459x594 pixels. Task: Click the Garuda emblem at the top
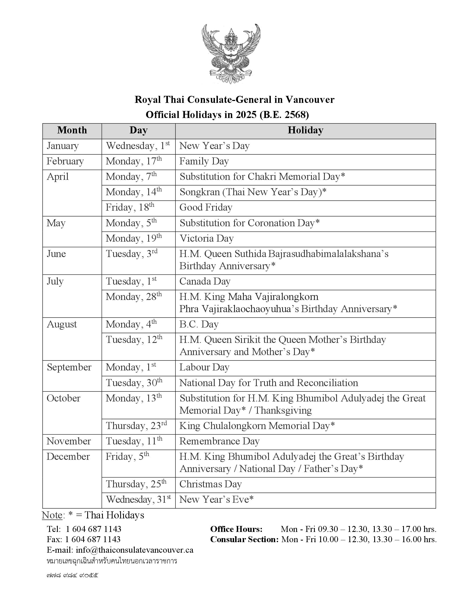231,53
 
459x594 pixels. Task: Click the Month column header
72,130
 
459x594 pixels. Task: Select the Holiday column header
305,130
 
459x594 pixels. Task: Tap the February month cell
65,161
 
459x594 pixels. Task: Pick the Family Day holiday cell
204,161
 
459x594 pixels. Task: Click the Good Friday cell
206,208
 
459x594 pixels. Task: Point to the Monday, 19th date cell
134,238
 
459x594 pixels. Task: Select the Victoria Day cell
207,238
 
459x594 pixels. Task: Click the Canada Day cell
205,281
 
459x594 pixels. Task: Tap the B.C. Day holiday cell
199,325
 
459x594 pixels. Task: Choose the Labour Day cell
204,367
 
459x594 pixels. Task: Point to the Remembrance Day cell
220,441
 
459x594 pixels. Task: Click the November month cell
69,441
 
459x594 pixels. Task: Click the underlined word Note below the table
52,515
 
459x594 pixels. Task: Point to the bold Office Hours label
236,529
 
